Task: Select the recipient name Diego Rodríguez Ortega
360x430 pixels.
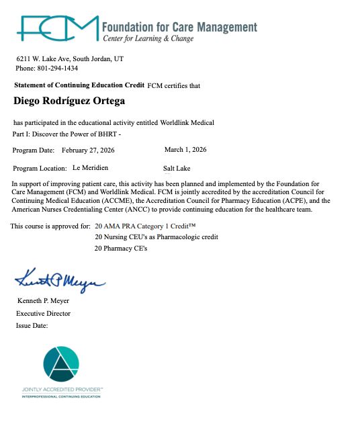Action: pos(69,101)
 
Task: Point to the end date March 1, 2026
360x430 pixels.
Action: pos(185,149)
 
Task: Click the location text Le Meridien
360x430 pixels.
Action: pos(90,167)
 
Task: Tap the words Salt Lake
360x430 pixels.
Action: pos(177,168)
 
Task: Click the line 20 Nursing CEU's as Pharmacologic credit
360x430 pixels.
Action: pos(156,237)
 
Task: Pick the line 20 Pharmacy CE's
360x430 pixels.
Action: pos(121,249)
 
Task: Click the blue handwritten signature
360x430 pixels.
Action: pos(60,277)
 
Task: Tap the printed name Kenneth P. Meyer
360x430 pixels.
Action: pos(43,301)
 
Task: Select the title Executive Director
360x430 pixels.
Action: pos(43,313)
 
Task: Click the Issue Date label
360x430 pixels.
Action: pos(32,325)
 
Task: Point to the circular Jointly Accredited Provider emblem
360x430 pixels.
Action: pos(62,365)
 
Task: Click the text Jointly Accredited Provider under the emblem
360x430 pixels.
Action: pos(62,390)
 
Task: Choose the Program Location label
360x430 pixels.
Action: pos(40,168)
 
